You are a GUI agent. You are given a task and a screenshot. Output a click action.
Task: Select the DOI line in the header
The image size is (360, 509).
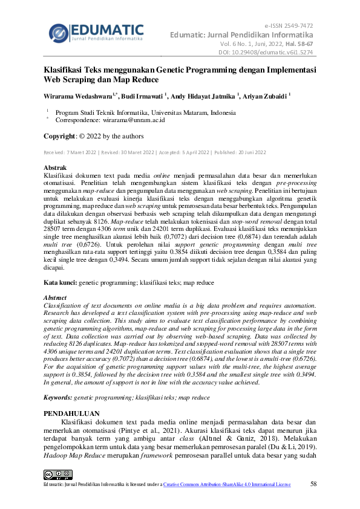[266, 52]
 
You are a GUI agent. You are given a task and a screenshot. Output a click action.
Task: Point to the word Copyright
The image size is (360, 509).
[59, 136]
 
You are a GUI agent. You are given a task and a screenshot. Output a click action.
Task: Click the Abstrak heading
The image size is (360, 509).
[56, 167]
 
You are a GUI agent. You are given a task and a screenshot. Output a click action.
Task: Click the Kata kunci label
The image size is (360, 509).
[60, 282]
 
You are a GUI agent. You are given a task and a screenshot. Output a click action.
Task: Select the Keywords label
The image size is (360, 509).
[58, 397]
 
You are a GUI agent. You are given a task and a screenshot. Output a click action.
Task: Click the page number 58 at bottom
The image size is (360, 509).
[313, 484]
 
